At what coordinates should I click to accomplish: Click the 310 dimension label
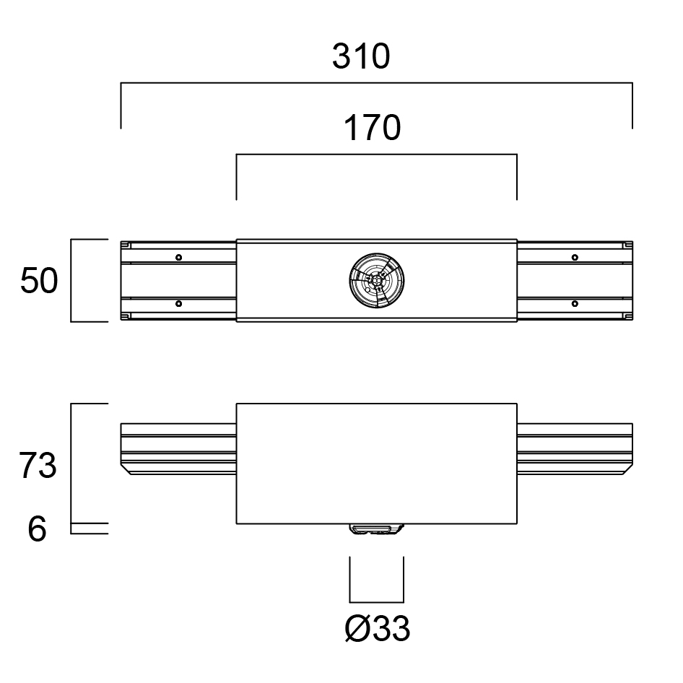[361, 56]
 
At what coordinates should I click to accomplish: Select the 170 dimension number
[372, 128]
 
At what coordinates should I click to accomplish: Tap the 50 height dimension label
[39, 281]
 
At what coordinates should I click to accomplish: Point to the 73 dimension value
[38, 466]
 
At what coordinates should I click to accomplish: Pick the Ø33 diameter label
[377, 629]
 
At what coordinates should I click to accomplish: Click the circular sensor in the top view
[377, 281]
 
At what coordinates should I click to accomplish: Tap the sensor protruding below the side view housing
[377, 528]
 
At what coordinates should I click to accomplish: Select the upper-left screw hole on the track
[178, 258]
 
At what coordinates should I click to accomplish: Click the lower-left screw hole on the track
[178, 304]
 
